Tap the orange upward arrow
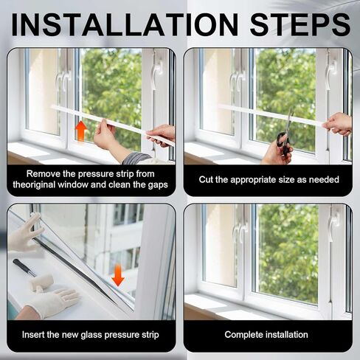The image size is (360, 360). [81, 131]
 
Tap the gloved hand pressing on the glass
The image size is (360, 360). [25, 232]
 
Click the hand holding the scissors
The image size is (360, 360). [275, 151]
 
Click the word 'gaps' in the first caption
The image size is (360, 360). [157, 184]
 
